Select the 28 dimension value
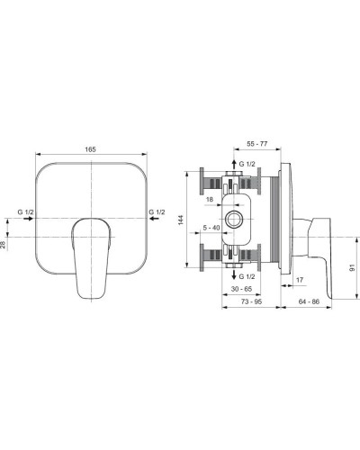(x=4, y=244)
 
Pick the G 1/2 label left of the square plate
(x=26, y=211)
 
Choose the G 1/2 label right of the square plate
(x=156, y=211)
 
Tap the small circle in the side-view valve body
(x=235, y=219)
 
